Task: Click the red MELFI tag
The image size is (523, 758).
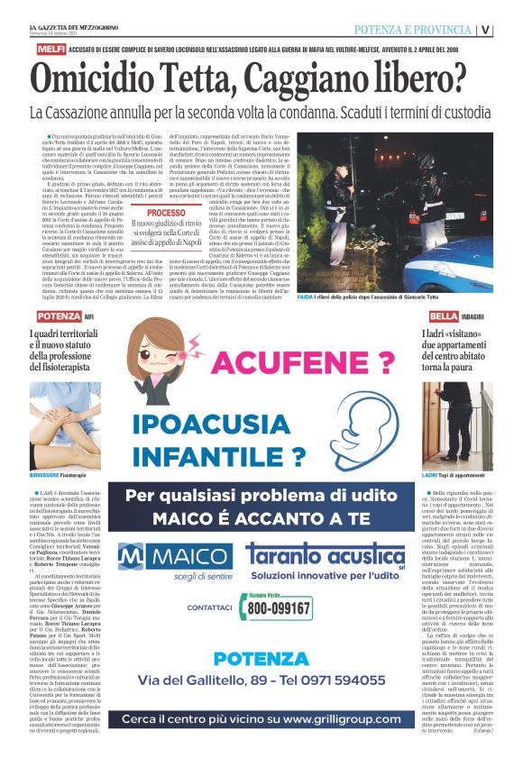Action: (x=46, y=51)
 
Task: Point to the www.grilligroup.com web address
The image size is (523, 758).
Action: (x=347, y=720)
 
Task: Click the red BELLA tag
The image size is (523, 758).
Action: (x=444, y=316)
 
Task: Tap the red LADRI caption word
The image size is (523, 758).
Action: (x=430, y=474)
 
